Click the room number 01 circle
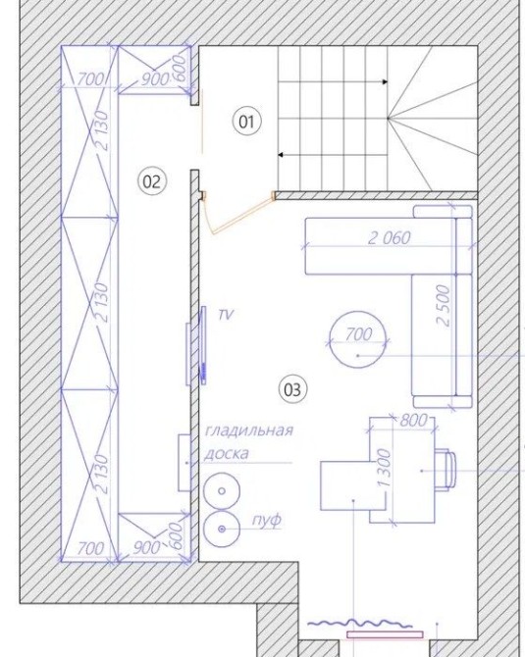coord(246,122)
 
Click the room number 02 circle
coord(152,181)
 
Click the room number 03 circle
coord(292,390)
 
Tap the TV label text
coord(226,315)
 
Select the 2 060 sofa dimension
coord(390,238)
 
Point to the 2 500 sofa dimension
coord(443,305)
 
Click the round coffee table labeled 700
coord(358,339)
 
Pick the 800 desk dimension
coord(413,420)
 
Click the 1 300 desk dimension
coord(384,468)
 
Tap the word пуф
coord(266,521)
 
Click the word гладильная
coord(249,430)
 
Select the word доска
coord(227,453)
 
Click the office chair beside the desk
coord(445,469)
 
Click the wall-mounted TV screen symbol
coord(203,344)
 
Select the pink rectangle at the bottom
coord(385,634)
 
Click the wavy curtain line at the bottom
coord(360,624)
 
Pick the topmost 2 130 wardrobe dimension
coord(102,130)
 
